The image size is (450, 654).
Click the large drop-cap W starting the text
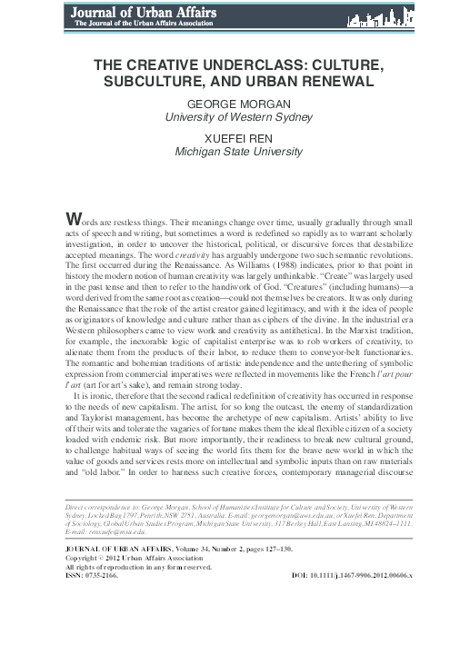pos(62,217)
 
